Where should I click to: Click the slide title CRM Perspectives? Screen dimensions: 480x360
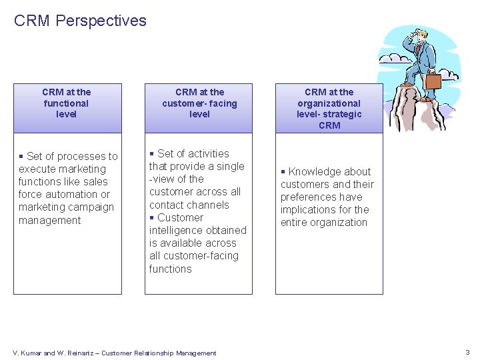[x=80, y=21]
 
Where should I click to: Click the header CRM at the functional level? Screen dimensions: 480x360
[x=66, y=103]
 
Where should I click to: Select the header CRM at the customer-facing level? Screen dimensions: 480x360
[x=199, y=103]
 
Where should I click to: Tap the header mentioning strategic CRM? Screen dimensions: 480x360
[x=329, y=109]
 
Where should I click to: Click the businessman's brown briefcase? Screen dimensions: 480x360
[x=433, y=81]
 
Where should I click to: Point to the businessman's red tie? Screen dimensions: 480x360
[x=419, y=50]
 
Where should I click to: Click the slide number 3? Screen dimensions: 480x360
[x=467, y=352]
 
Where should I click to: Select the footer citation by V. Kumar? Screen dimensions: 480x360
[x=115, y=353]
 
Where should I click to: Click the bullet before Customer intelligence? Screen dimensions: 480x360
[x=152, y=218]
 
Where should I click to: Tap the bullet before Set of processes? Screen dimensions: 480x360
[x=21, y=157]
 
